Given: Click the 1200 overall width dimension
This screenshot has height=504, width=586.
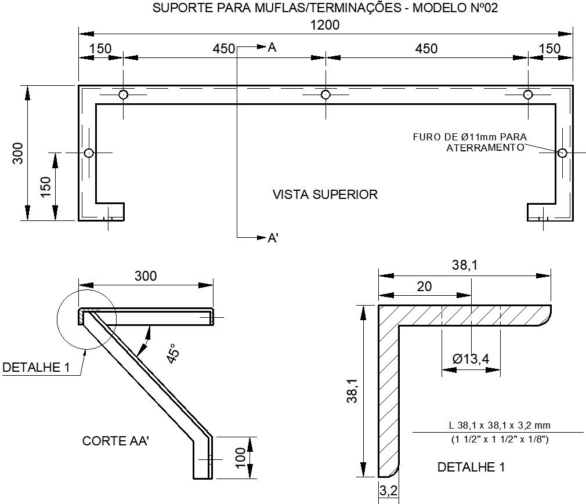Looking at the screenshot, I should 325,25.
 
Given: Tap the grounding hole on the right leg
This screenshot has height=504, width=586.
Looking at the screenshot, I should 562,153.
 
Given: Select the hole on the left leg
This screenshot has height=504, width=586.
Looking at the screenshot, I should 89,153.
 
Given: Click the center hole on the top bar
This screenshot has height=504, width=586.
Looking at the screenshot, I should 325,95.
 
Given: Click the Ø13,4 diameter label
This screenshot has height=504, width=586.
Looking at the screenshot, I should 471,359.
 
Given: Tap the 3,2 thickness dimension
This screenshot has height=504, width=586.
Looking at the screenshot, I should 388,491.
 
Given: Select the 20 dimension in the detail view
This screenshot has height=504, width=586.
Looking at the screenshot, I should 424,287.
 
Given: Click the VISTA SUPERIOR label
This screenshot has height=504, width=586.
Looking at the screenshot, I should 325,194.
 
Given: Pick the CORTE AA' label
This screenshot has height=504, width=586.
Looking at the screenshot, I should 116,441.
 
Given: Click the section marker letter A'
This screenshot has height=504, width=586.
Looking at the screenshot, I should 273,238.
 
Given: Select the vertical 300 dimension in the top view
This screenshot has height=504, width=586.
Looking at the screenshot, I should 18,153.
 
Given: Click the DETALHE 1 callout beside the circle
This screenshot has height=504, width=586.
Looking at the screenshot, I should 36,368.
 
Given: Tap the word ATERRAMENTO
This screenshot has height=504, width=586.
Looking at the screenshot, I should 484,147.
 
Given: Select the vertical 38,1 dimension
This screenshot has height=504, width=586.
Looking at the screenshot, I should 351,390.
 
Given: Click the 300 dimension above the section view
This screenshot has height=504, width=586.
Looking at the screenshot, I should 146,276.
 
